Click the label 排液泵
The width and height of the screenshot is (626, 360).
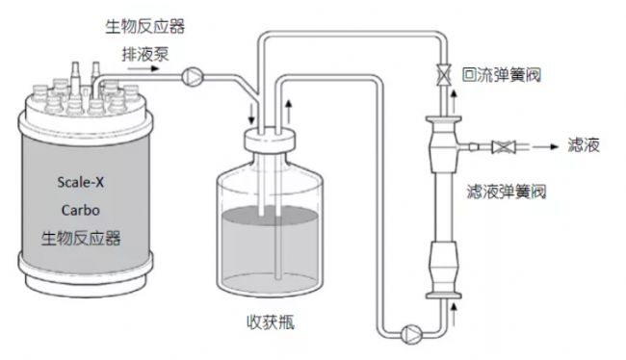145,54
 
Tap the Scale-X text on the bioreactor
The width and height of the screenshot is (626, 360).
80,182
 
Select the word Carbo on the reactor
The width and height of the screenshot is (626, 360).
80,210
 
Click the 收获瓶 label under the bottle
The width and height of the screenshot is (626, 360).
271,322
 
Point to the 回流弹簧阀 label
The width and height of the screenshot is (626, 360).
502,75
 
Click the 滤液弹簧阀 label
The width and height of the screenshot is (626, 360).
507,192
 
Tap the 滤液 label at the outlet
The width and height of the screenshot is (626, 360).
584,145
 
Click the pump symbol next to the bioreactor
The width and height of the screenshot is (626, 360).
193,77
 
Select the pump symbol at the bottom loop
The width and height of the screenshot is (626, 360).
411,334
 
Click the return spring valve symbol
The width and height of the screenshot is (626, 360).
444,75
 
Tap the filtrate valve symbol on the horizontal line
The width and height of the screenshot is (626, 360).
504,147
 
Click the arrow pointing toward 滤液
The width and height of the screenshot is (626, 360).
545,147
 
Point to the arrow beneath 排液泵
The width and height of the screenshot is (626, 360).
143,68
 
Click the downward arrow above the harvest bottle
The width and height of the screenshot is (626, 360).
251,115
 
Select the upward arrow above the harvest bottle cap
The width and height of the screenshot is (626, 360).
289,112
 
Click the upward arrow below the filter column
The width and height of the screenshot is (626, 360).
454,315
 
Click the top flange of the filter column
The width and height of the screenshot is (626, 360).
444,119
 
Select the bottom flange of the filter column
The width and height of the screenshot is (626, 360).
444,296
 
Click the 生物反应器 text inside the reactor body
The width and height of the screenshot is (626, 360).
81,239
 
